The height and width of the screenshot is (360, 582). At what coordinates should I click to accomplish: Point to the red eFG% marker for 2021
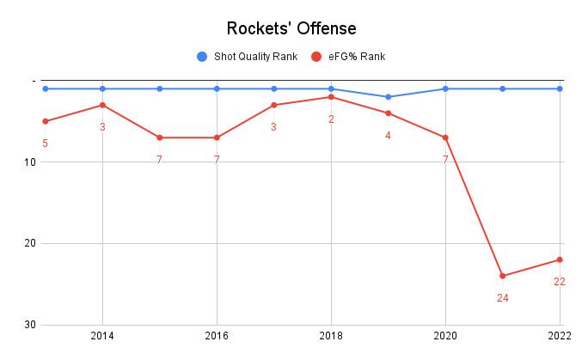tap(502, 276)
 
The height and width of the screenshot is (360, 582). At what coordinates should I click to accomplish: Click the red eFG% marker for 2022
tap(560, 259)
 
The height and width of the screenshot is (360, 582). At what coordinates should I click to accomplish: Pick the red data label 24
tap(502, 297)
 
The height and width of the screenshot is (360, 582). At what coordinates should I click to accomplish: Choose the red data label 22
tap(560, 281)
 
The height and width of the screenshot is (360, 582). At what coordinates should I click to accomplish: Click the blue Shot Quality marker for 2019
tap(388, 97)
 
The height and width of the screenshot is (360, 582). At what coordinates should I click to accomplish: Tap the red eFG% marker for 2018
tap(331, 97)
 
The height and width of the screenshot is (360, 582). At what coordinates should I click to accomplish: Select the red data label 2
tap(331, 119)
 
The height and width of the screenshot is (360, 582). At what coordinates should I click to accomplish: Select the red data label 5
tap(45, 143)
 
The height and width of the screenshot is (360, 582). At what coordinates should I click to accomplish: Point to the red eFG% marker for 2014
tap(102, 105)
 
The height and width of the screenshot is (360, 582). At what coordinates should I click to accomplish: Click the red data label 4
tap(388, 135)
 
